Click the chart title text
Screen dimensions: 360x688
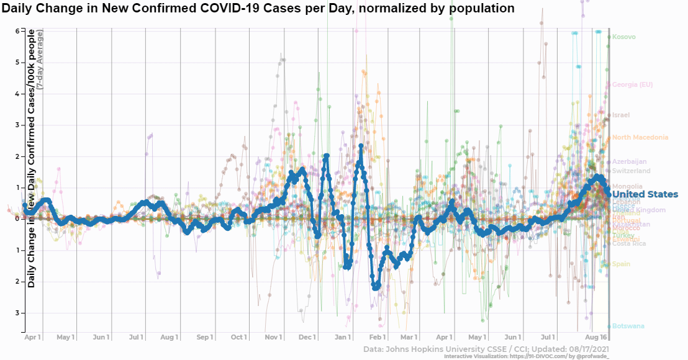tap(258, 9)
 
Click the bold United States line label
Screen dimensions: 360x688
tap(645, 194)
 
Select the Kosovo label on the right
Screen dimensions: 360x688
tap(623, 37)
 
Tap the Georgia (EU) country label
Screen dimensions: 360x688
tap(632, 84)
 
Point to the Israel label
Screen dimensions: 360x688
tap(621, 115)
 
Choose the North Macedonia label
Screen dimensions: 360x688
tap(640, 137)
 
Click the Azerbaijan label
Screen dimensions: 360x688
tap(629, 162)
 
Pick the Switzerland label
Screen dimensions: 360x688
tap(631, 171)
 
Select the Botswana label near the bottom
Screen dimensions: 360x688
tap(628, 326)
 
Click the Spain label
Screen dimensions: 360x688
tap(621, 264)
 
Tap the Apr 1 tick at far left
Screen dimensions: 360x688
tap(33, 337)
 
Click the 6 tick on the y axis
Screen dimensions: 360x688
tap(19, 31)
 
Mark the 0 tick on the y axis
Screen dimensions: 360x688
tap(19, 218)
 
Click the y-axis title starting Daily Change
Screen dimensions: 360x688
tap(30, 158)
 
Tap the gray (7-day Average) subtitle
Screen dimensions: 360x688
tap(40, 60)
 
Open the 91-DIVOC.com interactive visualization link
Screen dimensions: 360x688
tap(526, 356)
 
